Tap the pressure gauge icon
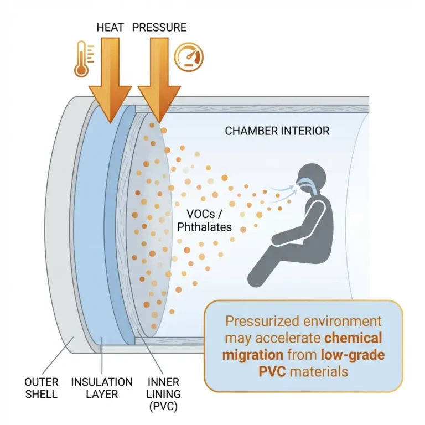(x=189, y=56)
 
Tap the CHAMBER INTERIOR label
(x=277, y=131)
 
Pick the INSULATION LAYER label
(x=102, y=387)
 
